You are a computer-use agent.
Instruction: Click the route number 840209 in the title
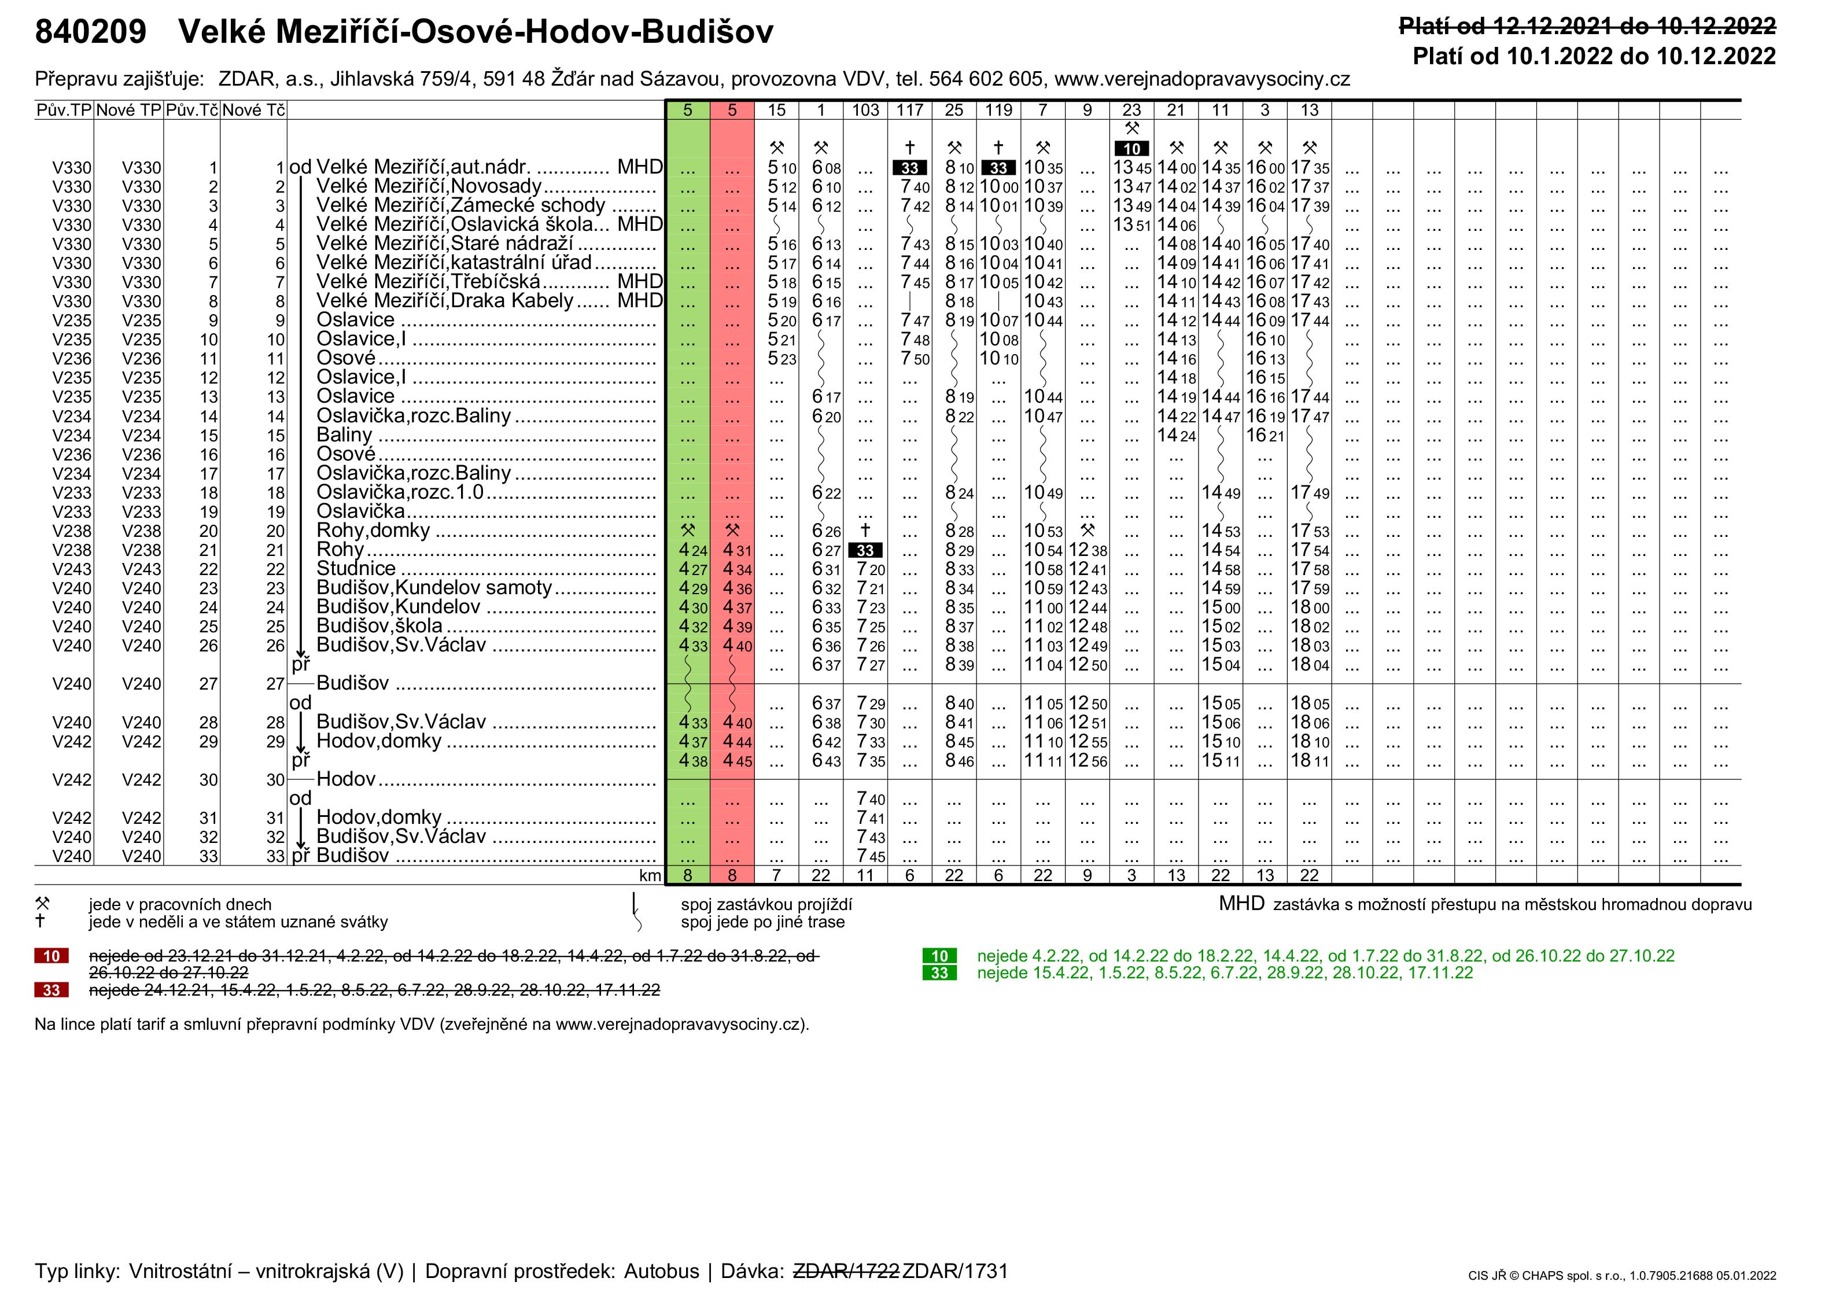pyautogui.click(x=90, y=32)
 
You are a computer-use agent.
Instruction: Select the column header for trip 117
pyautogui.click(x=909, y=111)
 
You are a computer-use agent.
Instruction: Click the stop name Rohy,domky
pyautogui.click(x=373, y=531)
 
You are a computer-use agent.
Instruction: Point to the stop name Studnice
pyautogui.click(x=356, y=569)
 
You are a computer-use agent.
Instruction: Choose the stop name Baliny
pyautogui.click(x=344, y=435)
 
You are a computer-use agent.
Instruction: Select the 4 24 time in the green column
pyautogui.click(x=692, y=551)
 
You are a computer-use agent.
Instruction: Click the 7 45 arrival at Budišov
pyautogui.click(x=871, y=856)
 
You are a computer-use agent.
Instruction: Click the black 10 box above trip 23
pyautogui.click(x=1131, y=149)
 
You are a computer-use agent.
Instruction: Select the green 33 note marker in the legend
pyautogui.click(x=939, y=973)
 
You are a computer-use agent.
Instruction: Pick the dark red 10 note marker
pyautogui.click(x=51, y=956)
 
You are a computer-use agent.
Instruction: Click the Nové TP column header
pyautogui.click(x=128, y=111)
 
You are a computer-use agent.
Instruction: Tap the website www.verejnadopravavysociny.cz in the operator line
pyautogui.click(x=1201, y=79)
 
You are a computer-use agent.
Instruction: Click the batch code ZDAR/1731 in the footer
pyautogui.click(x=954, y=1270)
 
